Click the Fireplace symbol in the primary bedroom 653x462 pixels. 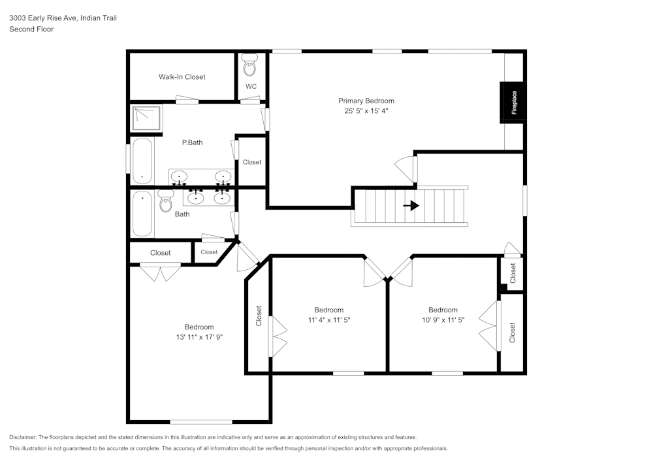(513, 103)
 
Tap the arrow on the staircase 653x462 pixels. (411, 205)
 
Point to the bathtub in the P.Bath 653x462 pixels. (142, 161)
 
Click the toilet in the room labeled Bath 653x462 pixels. (165, 203)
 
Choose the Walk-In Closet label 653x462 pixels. (182, 77)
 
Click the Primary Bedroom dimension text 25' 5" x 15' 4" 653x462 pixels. (366, 111)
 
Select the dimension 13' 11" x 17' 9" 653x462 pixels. (199, 337)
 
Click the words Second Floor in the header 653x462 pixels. (31, 29)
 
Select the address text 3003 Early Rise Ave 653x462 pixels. (43, 19)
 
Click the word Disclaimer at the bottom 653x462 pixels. (23, 437)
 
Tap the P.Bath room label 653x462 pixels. (192, 142)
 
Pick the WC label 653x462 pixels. (251, 87)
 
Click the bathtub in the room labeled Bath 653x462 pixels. (142, 214)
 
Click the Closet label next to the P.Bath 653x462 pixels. (251, 162)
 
